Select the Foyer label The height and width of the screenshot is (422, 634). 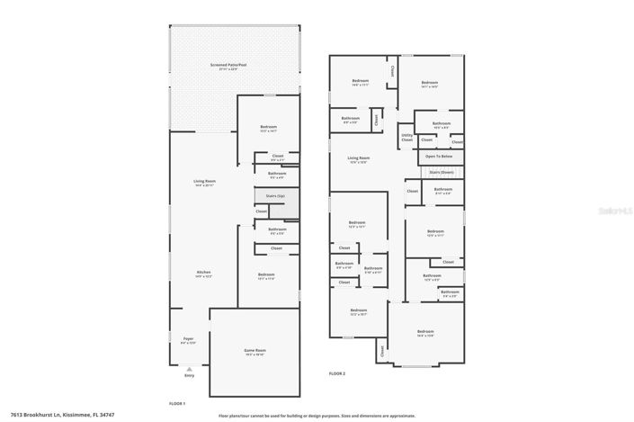pos(188,340)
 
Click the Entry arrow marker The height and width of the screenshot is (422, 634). pos(189,368)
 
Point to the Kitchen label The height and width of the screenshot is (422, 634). pos(205,274)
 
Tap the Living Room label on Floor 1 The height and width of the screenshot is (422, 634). pos(205,183)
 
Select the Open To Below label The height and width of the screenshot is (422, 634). pos(441,157)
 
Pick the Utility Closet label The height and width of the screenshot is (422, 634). pos(407,139)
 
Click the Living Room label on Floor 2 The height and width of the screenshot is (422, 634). pos(359,160)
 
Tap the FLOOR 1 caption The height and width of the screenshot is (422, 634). pos(177,403)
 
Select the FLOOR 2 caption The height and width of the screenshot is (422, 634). pos(337,372)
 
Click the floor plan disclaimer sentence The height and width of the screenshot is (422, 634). pos(317,416)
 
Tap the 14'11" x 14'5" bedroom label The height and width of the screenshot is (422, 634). pos(430,85)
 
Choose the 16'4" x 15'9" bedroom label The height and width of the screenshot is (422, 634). pos(424,333)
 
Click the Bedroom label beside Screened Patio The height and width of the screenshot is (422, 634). pos(268,129)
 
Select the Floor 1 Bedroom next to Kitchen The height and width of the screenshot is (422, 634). pos(266,276)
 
